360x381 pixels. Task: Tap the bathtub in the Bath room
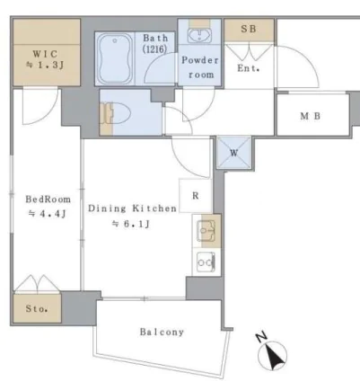115,58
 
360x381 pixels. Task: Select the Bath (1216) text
155,43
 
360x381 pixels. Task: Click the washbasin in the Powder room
199,35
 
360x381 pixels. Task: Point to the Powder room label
200,67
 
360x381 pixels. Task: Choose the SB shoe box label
249,29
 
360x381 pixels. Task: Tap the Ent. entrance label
249,68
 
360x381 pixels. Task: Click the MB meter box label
311,116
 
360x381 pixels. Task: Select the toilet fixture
116,113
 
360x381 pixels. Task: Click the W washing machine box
233,153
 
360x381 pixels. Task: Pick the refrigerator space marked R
195,196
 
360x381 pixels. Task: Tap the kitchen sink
206,231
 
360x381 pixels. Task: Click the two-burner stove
206,262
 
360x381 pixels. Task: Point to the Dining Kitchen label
132,208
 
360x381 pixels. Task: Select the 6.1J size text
131,224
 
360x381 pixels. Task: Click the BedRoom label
48,199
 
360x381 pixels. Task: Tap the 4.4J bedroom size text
47,214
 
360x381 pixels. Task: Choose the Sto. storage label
37,308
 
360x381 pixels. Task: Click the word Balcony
162,332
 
